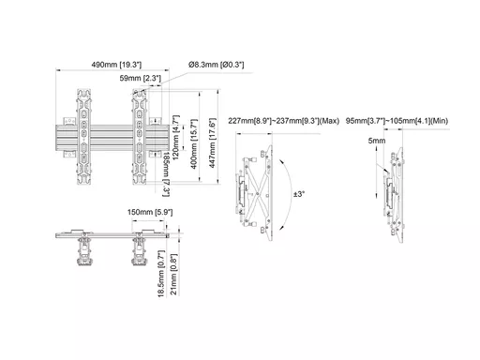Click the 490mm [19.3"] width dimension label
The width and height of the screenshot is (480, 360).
coord(116,65)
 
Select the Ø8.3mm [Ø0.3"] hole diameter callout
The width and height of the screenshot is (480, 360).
coord(216,65)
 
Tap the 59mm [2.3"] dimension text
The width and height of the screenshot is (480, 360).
coord(141,78)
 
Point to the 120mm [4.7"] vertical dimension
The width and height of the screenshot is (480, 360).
coord(176,137)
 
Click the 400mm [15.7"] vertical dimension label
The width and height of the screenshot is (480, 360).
coord(194,144)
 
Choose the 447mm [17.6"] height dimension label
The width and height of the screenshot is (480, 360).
coord(213,142)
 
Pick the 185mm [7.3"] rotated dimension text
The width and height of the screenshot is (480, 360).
coord(166,174)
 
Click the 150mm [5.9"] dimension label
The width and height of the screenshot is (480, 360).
coord(150,212)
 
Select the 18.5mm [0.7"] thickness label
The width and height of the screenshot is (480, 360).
coord(161,274)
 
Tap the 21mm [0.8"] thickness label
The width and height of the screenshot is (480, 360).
coord(173,275)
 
